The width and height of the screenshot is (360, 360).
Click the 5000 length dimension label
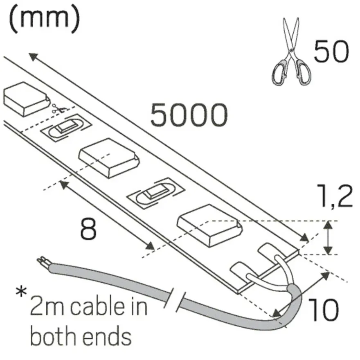coord(189,115)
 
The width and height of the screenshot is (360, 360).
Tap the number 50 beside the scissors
coord(331,51)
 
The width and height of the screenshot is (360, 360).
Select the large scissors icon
coord(291,52)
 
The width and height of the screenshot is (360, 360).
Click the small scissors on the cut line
coord(59,108)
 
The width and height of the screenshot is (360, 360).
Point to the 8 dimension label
coord(88,229)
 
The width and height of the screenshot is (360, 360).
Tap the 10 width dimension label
coord(323,310)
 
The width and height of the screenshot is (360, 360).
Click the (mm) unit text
coord(44,18)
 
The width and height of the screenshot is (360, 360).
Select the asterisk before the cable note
coord(21,292)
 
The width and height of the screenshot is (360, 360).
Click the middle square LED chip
coord(109,158)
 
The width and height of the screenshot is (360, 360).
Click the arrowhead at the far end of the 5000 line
coord(34,57)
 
